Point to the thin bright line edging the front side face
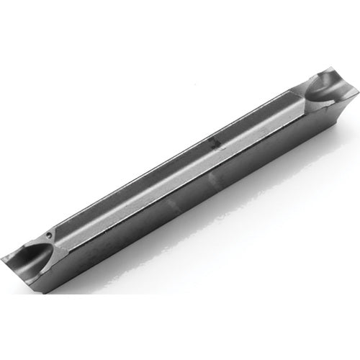180,192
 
